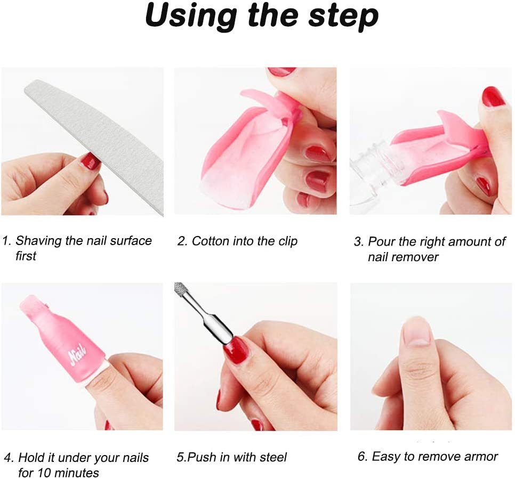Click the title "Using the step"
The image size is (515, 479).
(x=261, y=17)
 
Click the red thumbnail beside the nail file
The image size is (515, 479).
(x=90, y=160)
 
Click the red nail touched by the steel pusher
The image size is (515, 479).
(x=236, y=350)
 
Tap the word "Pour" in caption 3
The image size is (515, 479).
(x=381, y=242)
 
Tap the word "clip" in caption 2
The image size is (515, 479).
(x=287, y=241)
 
